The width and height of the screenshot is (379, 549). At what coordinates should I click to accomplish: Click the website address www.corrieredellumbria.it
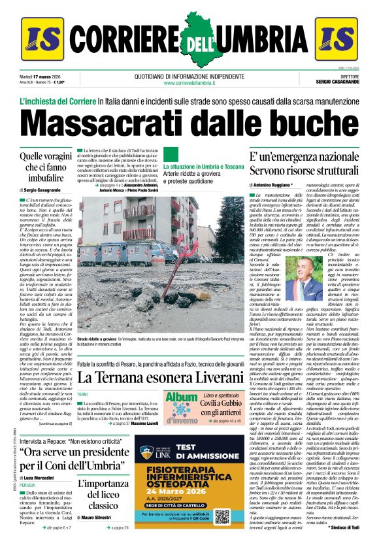point(189,82)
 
